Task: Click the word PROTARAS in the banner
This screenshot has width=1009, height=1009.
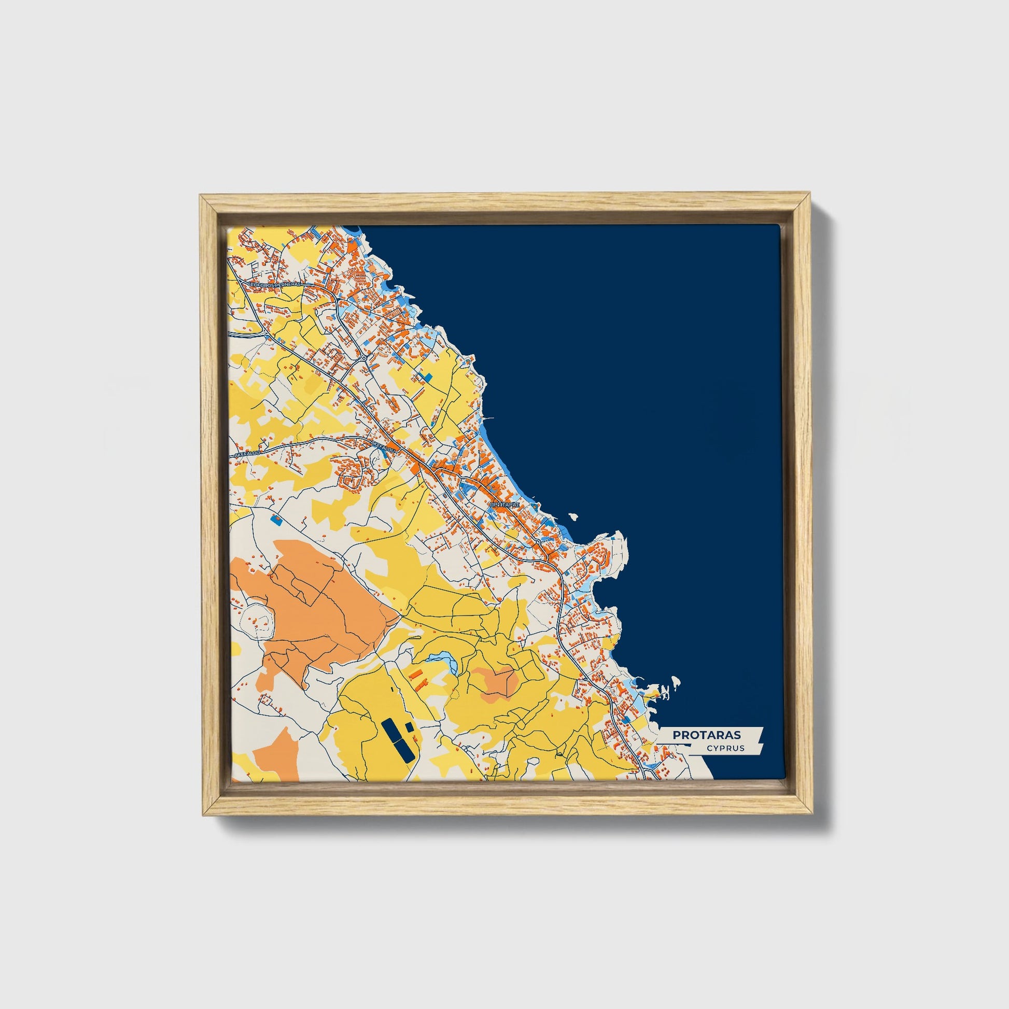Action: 706,735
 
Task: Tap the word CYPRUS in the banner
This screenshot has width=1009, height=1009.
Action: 725,748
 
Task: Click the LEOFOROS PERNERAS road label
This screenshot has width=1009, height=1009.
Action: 275,284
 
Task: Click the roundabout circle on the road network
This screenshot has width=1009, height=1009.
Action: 363,358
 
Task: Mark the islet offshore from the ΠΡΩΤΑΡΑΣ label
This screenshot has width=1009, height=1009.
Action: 573,517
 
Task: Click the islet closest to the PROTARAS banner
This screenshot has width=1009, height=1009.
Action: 675,681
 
